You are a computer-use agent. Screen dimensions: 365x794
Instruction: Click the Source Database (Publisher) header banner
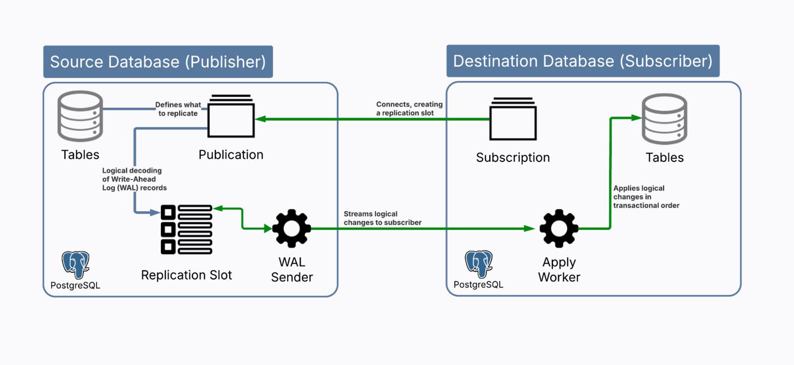click(158, 62)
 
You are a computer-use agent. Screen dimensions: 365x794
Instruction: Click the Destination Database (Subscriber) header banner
click(583, 61)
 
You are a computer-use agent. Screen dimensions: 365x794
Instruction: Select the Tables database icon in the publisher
click(80, 116)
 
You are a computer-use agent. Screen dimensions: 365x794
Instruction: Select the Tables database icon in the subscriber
click(664, 119)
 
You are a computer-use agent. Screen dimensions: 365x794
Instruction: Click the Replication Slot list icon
click(187, 229)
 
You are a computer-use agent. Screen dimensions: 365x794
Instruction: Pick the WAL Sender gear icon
click(291, 229)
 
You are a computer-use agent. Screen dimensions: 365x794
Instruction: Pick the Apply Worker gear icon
click(559, 229)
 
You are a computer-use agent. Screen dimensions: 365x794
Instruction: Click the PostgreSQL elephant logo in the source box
click(75, 264)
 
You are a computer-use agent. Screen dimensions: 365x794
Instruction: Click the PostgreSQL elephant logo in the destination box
click(478, 264)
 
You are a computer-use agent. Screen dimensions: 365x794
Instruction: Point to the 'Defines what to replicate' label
click(178, 109)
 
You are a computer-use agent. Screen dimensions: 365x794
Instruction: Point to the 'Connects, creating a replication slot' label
click(408, 109)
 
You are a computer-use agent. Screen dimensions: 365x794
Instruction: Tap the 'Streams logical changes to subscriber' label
click(382, 218)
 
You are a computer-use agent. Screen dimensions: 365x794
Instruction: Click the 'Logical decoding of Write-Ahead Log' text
click(133, 179)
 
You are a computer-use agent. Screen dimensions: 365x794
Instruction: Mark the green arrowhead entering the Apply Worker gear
click(529, 229)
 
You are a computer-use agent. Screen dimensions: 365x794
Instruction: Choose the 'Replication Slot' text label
click(186, 275)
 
